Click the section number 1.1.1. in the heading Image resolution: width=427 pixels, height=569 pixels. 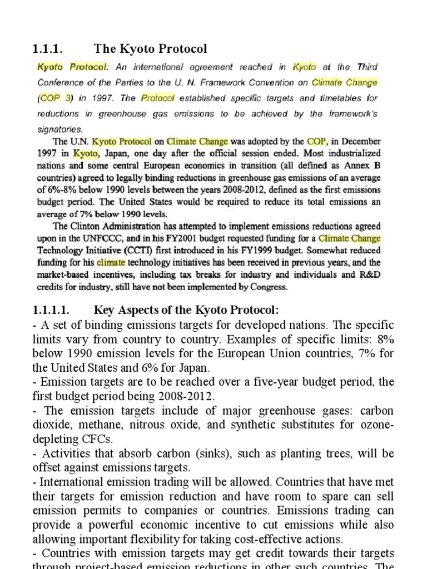pos(53,49)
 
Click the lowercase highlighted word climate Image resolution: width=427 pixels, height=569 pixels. pos(111,263)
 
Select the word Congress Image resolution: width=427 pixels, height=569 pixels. pos(269,287)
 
